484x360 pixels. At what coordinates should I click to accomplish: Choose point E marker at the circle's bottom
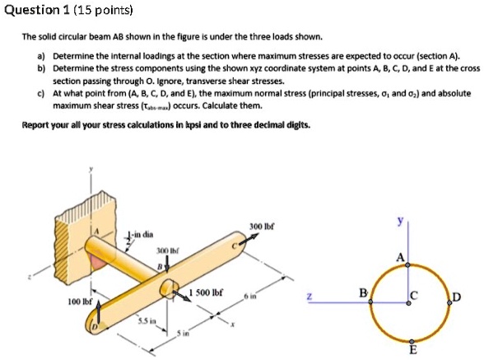tap(409, 339)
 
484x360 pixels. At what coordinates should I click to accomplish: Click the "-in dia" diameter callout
tap(142, 233)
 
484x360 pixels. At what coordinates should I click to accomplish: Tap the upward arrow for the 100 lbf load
tap(98, 311)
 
